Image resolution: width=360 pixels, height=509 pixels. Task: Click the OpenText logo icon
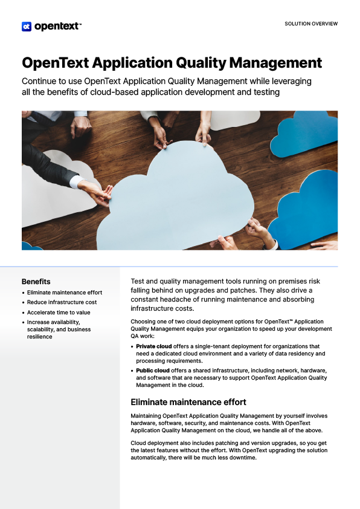27,26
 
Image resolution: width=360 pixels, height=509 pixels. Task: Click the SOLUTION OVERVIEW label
310,24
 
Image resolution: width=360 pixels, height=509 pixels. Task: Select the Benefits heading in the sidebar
36,282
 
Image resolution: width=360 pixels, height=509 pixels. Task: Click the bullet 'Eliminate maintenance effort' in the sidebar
65,293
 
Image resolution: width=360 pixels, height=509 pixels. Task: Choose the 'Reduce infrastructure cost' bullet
62,302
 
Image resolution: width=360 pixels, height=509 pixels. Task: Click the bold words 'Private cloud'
154,346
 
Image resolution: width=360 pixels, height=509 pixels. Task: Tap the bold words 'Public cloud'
153,370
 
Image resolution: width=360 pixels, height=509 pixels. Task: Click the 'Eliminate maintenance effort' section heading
188,402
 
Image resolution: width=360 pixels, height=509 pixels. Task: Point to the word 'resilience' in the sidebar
40,337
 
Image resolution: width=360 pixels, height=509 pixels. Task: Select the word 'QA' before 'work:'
135,336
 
